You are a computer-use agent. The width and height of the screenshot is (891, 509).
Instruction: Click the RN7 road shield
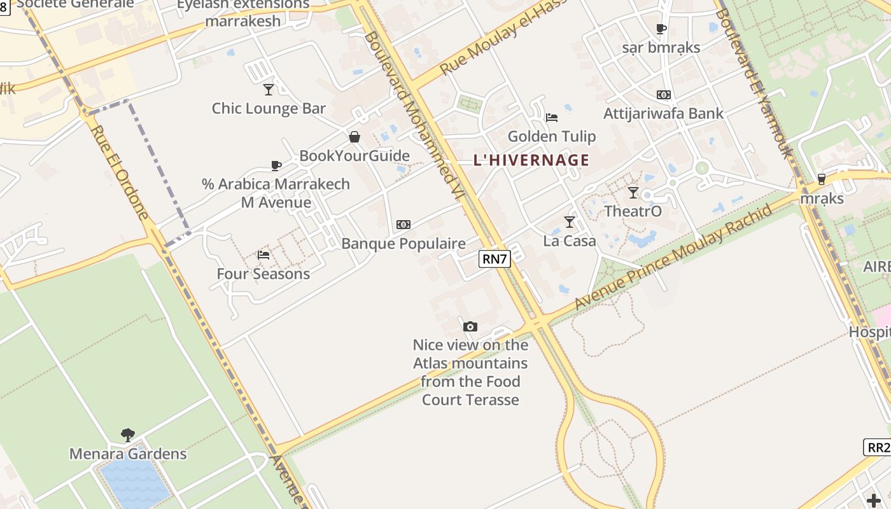coord(495,258)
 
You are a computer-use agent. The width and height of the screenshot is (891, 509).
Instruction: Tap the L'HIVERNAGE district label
coord(531,160)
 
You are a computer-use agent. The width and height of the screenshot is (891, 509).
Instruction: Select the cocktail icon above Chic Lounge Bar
coord(269,89)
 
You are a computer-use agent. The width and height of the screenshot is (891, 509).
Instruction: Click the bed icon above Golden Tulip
coord(552,117)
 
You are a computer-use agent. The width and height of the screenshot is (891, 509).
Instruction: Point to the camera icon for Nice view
coord(470,326)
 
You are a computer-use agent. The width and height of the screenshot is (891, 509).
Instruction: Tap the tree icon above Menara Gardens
coord(128,435)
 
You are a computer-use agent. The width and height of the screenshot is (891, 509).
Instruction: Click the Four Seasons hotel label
coord(263,274)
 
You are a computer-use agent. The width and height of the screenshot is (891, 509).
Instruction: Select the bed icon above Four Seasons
coord(263,254)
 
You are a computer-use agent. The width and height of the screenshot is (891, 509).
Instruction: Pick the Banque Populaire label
coord(403,244)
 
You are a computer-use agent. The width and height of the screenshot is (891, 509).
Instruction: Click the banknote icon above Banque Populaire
coord(403,225)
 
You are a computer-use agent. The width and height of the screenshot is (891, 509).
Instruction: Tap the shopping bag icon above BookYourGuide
coord(354,137)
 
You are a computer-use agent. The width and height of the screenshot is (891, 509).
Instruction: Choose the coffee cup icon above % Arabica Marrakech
coord(276,165)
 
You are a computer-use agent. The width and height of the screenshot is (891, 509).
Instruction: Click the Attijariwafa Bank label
coord(663,114)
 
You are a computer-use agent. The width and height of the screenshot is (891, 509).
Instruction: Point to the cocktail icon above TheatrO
coord(633,192)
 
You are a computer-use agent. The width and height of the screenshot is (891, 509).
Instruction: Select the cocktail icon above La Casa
coord(570,221)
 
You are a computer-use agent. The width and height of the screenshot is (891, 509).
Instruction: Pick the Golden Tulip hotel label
coord(552,136)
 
